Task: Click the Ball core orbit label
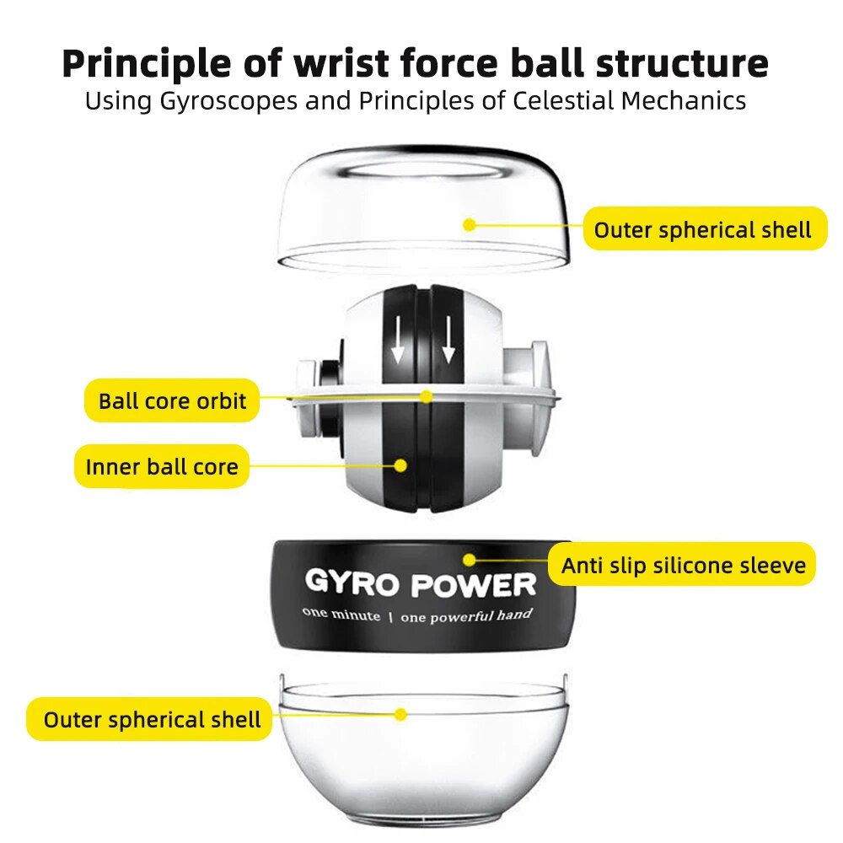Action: [172, 400]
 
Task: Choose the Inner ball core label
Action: [162, 466]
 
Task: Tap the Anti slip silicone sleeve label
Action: [684, 566]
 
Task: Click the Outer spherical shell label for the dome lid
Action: [702, 230]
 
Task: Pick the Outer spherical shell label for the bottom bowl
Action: [152, 720]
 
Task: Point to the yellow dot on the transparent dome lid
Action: [470, 224]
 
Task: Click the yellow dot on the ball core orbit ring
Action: [427, 395]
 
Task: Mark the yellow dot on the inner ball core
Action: [401, 464]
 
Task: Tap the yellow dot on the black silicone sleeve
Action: [469, 559]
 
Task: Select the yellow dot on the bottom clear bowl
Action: [401, 714]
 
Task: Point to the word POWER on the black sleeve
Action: [474, 584]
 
